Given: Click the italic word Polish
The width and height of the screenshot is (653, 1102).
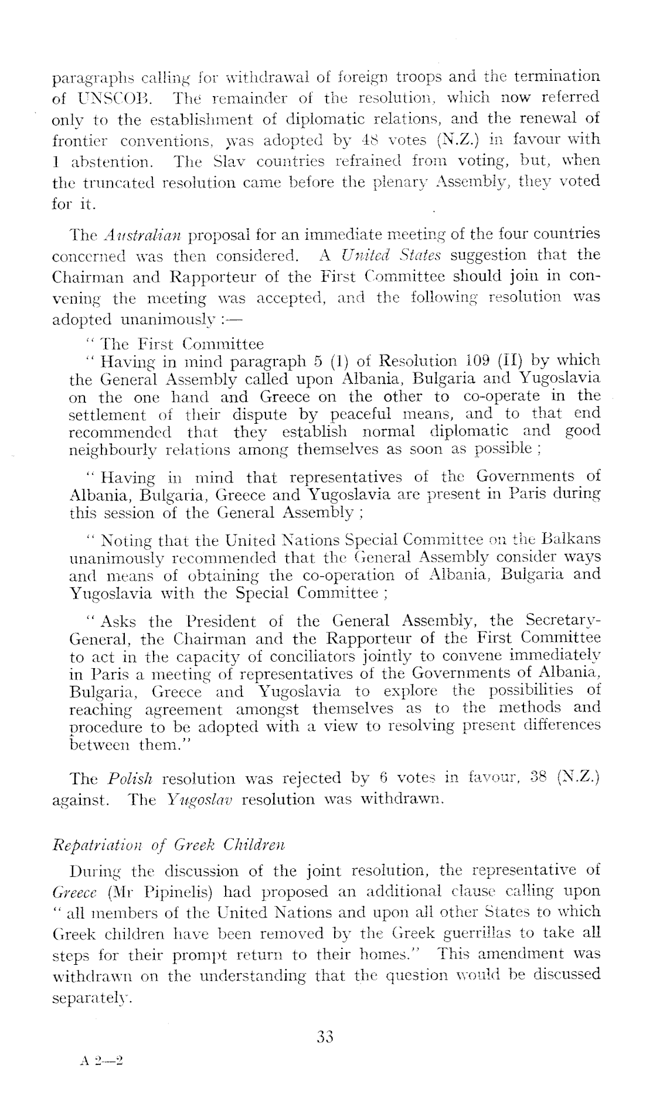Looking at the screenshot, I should click(x=131, y=780).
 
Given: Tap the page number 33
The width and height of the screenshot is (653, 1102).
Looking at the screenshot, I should click(x=324, y=1037).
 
